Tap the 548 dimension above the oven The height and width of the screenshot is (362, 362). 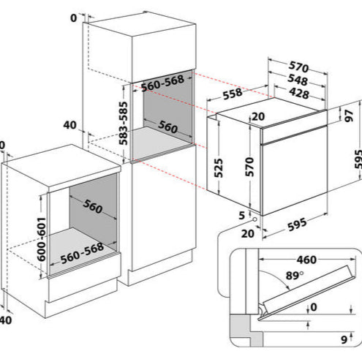(296, 81)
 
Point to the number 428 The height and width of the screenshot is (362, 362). (296, 94)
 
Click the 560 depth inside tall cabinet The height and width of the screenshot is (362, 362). (167, 129)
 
